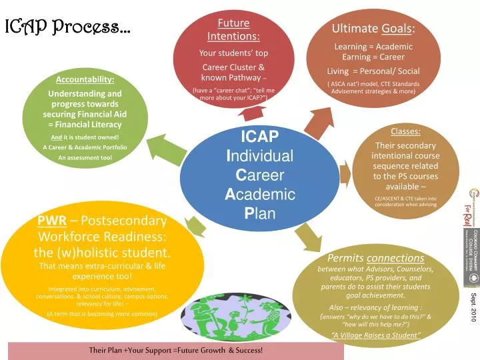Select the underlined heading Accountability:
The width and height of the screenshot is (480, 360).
(85, 80)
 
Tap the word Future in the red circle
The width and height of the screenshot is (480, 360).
(233, 23)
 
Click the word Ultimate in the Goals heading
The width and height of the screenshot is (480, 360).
(355, 29)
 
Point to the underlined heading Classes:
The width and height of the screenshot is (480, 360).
(405, 131)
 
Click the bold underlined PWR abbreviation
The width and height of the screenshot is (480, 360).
(51, 221)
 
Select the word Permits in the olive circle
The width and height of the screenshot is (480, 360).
(344, 257)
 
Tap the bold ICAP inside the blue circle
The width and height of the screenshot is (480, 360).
(259, 137)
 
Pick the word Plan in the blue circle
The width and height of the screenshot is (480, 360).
(260, 214)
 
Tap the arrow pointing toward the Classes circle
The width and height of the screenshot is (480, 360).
(345, 175)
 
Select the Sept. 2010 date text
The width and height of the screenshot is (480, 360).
(473, 307)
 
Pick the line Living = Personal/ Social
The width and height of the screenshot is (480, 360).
(373, 71)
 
